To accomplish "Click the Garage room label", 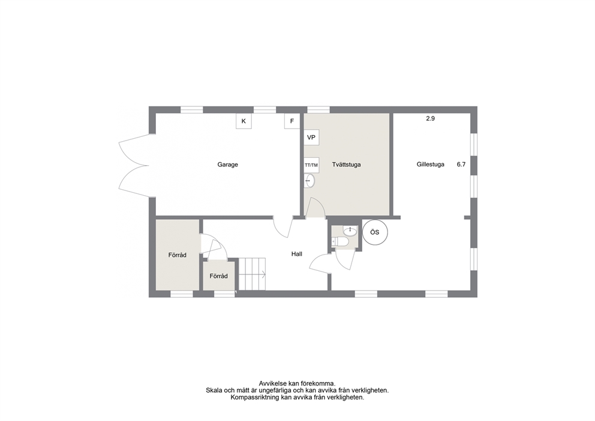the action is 227,165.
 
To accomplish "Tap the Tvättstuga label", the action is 346,165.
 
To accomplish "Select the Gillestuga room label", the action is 430,165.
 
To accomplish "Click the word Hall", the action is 297,254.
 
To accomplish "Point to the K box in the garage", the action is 244,121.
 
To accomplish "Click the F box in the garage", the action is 292,121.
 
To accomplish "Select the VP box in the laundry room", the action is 311,137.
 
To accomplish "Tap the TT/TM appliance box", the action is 311,165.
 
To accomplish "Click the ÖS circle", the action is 375,232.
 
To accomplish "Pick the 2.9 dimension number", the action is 430,118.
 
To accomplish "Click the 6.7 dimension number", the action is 461,165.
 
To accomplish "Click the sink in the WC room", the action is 350,230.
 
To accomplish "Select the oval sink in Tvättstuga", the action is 309,181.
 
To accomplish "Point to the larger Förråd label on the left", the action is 177,255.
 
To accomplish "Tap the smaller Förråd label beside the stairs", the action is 218,276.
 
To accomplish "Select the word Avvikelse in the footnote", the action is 272,383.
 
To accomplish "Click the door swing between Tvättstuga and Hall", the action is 315,207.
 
